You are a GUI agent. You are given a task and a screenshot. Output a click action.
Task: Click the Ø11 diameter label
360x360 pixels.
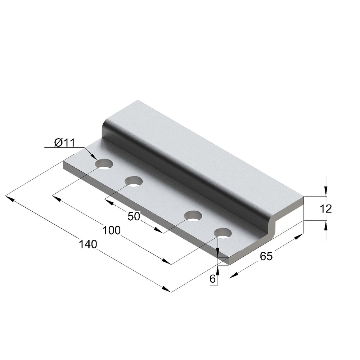64,143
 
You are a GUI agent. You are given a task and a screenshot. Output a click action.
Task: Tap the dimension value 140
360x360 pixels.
88,244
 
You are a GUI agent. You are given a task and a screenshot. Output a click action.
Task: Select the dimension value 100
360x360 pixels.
111,230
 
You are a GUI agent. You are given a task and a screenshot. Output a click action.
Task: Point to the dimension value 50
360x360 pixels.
134,216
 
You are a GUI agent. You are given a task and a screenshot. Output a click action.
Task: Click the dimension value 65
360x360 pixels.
266,256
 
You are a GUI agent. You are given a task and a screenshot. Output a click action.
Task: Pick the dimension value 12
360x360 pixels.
325,209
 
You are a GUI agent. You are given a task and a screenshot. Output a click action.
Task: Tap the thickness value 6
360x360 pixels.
213,279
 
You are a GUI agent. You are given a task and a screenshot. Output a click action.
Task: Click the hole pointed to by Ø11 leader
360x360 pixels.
104,164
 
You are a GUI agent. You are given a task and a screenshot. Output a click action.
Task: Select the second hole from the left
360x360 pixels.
134,181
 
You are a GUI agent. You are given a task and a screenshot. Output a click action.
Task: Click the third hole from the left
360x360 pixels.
193,216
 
